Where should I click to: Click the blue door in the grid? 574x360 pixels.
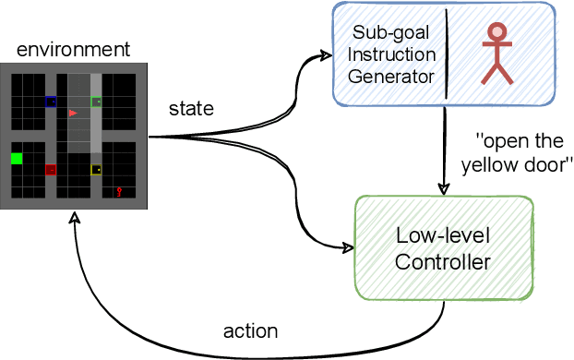[x=51, y=102]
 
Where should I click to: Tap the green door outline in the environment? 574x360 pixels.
[x=96, y=102]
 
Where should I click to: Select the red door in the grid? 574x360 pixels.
[x=51, y=169]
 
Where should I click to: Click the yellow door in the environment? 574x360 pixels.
[x=96, y=169]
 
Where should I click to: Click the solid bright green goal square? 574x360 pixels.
[x=17, y=159]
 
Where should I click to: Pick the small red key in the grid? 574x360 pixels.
[x=119, y=192]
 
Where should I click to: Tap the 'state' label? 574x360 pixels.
[x=190, y=109]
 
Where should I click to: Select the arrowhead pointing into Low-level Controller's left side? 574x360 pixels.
[x=349, y=247]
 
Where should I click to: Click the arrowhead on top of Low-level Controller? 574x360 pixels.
[x=444, y=189]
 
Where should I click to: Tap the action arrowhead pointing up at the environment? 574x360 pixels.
[x=74, y=217]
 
